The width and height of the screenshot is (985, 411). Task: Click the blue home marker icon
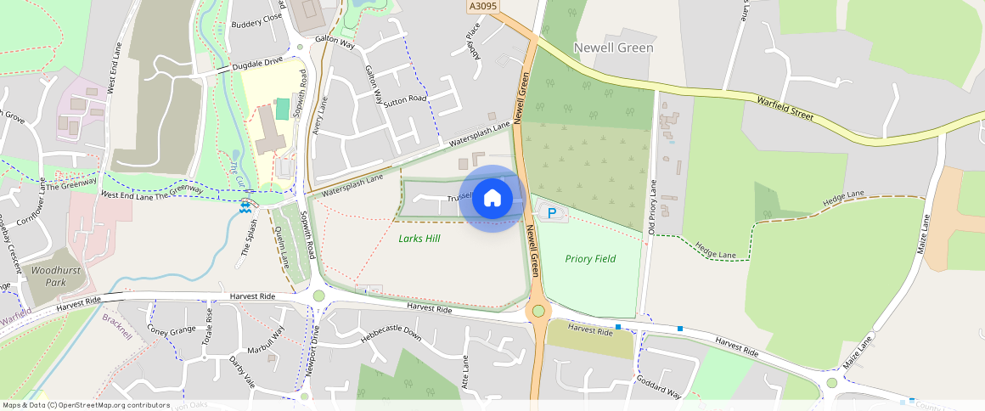pos(492,199)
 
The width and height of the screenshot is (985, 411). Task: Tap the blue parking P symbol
pos(553,213)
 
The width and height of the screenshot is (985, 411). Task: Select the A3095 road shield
pos(481,6)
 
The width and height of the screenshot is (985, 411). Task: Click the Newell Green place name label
pos(613,48)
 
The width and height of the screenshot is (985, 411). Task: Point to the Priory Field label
pos(590,258)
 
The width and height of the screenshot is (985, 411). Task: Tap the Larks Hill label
pos(419,239)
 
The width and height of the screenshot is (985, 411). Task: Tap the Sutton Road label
pos(404,100)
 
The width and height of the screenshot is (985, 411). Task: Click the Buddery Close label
pos(256,18)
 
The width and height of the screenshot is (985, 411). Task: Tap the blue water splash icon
pos(245,205)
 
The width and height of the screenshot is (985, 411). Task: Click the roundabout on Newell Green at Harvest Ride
pos(538,312)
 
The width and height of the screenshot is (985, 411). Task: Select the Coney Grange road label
pos(171,329)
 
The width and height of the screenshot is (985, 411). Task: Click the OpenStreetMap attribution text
pos(86,405)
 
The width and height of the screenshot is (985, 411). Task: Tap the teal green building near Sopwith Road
pos(283,109)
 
